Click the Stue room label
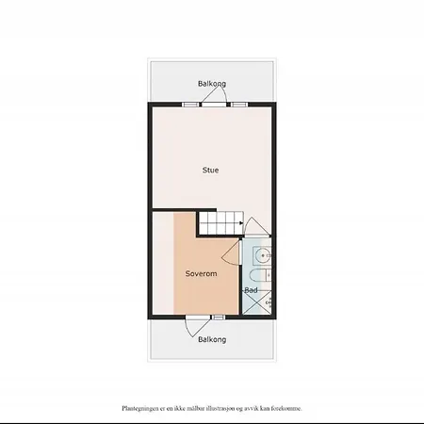point(210,171)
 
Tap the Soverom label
point(201,273)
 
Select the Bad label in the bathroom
point(251,290)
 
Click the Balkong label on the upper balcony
point(212,84)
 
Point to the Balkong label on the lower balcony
point(212,339)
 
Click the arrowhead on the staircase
point(241,223)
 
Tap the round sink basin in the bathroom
point(263,255)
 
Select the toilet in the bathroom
point(260,275)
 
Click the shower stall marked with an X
point(257,302)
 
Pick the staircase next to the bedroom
point(221,223)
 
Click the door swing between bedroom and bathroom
point(231,253)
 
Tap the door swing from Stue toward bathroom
point(256,225)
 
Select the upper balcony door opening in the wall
point(214,105)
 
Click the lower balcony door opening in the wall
point(198,318)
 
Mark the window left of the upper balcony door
point(191,105)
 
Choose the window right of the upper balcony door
point(239,105)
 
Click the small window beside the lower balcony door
point(218,318)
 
